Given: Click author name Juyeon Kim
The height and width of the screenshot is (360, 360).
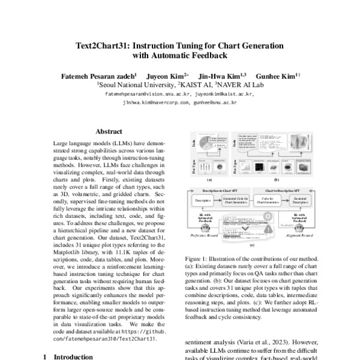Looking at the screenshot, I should click(172, 76).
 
